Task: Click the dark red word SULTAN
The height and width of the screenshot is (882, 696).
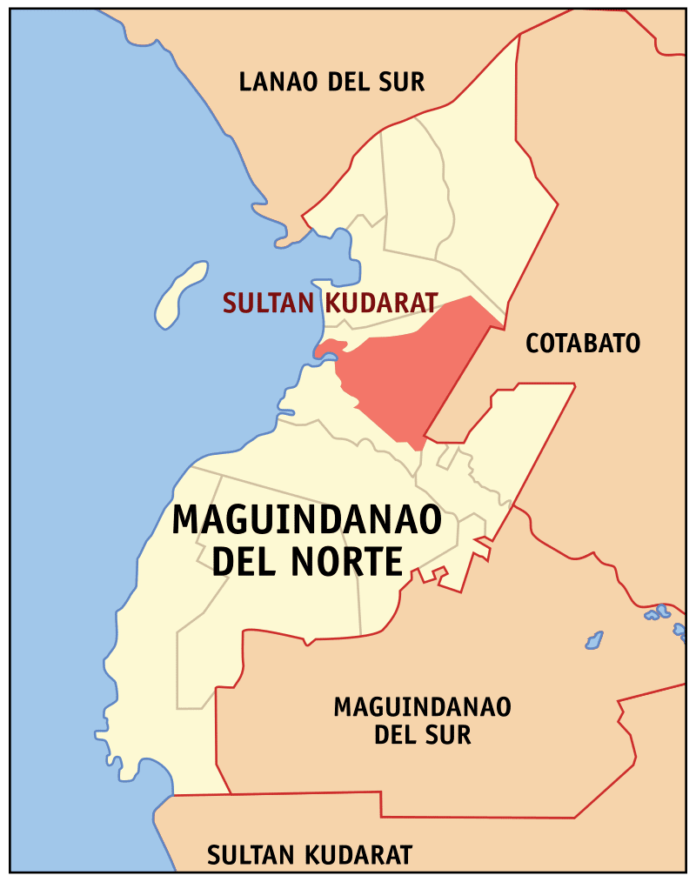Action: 269,303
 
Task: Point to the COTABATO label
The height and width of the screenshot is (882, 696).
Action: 582,343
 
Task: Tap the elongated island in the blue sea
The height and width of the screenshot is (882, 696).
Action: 179,294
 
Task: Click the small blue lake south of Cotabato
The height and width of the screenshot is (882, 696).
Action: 594,641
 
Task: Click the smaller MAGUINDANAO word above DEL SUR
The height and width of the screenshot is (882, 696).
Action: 422,706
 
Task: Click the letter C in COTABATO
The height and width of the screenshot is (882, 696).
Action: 533,343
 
